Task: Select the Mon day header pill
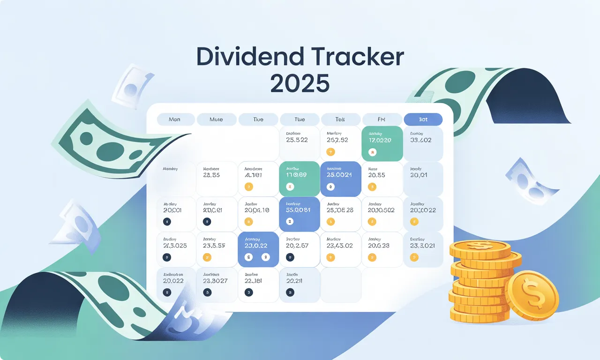point(174,120)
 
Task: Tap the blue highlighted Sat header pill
point(423,120)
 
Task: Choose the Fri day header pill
point(382,120)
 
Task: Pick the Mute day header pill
point(216,120)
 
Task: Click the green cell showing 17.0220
point(382,143)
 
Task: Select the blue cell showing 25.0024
point(341,179)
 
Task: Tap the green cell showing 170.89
point(299,179)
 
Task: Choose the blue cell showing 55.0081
point(299,214)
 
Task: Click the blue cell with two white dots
point(258,249)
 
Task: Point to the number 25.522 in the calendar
point(297,140)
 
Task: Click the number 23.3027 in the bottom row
point(215,281)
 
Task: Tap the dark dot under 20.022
point(165,292)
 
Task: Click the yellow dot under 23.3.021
point(413,257)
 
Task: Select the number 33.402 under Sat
point(420,140)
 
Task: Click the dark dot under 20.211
point(290,292)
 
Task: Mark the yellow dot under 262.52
point(331,151)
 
